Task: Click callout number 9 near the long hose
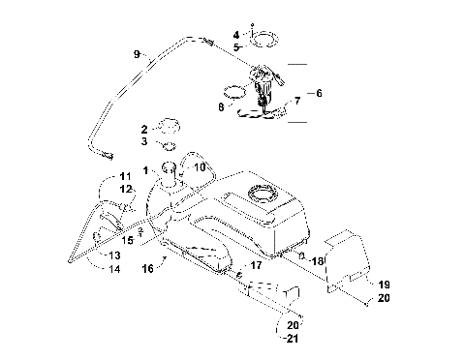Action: (137, 53)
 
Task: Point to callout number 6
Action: (319, 93)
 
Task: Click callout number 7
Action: (297, 100)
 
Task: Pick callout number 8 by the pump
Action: (221, 108)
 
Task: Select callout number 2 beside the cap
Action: (144, 129)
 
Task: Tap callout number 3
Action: (144, 141)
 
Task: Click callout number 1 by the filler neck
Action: (145, 171)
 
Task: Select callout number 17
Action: (257, 264)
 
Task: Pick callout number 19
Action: (384, 285)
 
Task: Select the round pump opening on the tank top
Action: (263, 195)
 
